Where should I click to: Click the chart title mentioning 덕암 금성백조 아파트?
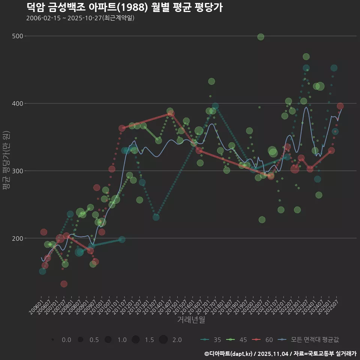125,7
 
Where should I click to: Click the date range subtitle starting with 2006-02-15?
80,18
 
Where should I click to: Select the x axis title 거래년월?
191,320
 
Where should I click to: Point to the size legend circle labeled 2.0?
163,340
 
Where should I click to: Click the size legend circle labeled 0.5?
80,340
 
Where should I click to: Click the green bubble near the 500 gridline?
261,37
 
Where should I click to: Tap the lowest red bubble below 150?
64,284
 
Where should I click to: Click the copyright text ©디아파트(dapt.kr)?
229,354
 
